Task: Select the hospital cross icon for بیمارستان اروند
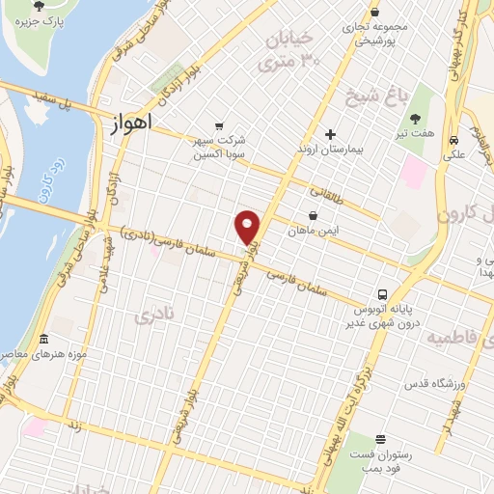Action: (330, 134)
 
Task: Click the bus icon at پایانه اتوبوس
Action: (383, 294)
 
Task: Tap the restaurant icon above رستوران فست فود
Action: (381, 440)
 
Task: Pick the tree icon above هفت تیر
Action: (415, 119)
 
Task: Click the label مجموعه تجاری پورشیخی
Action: (379, 34)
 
